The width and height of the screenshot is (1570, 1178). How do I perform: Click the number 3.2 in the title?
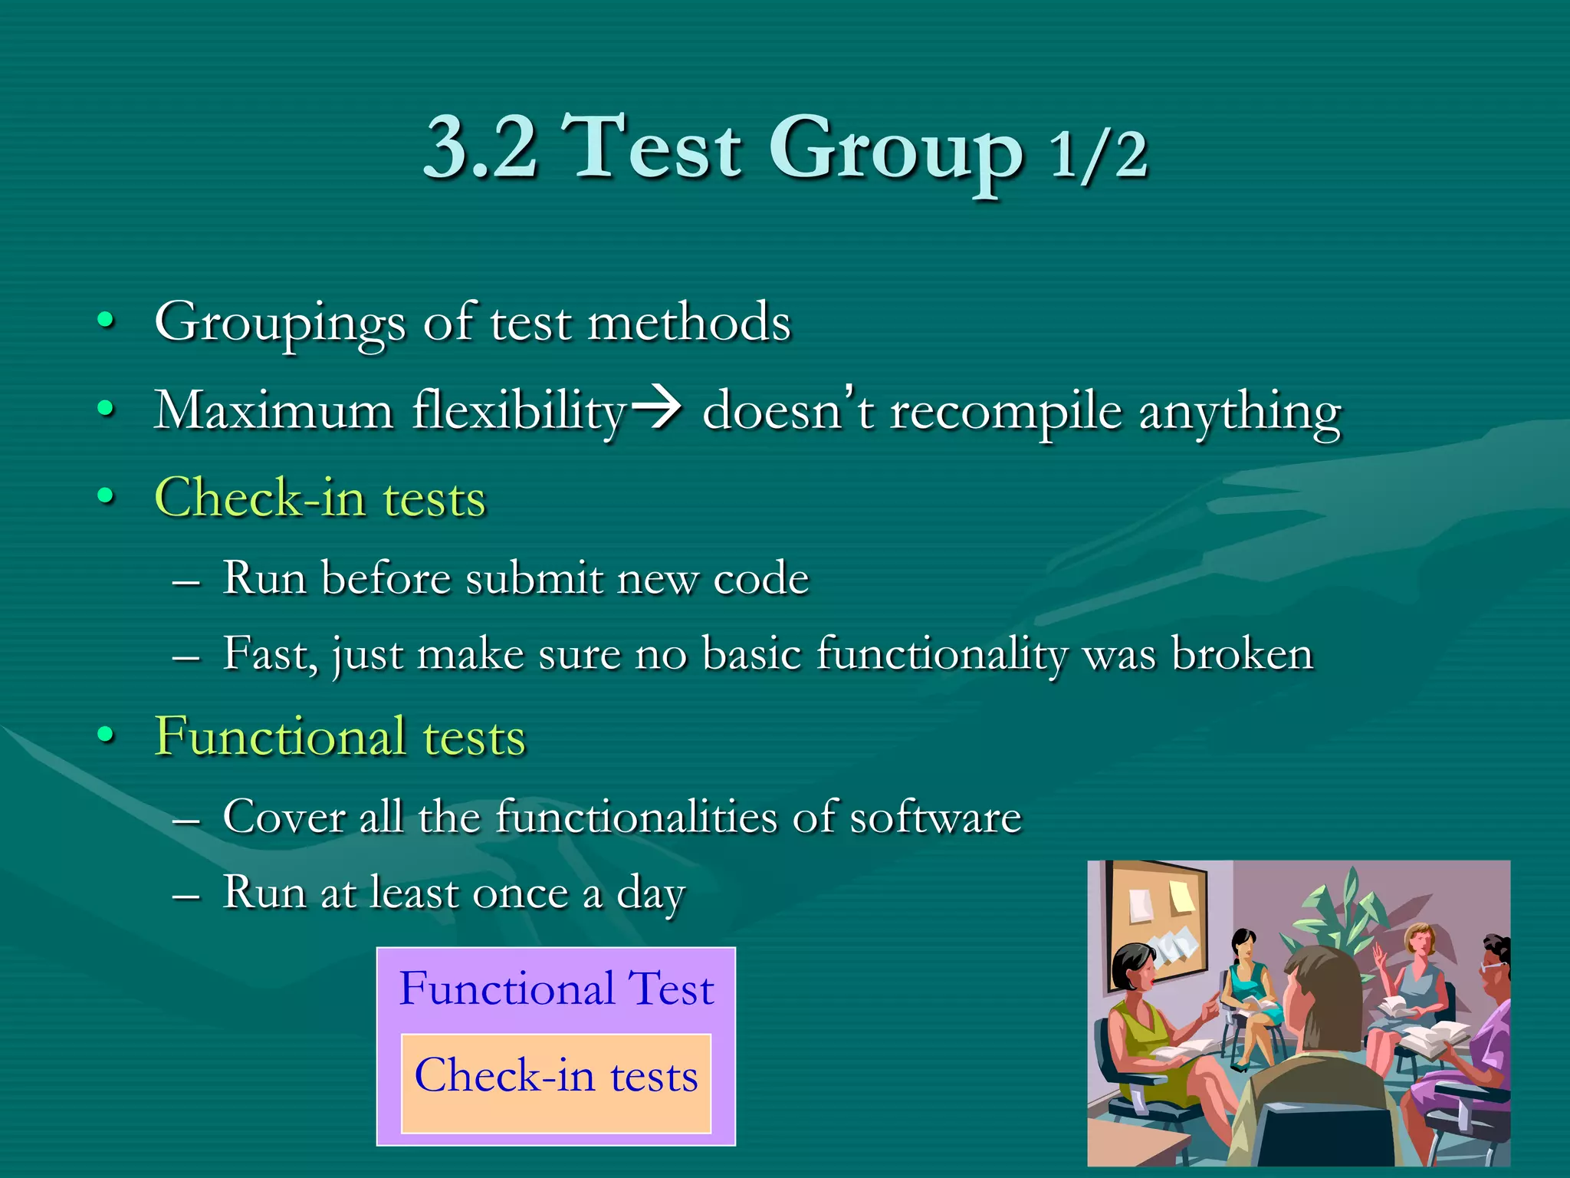pos(481,147)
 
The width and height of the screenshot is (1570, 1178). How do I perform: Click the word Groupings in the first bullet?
pos(280,323)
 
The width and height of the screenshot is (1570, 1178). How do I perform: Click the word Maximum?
pos(274,410)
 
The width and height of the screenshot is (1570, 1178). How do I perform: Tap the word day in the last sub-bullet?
pos(650,894)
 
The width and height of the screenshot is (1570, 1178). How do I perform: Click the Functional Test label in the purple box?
pos(556,989)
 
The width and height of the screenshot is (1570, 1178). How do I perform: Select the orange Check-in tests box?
pos(556,1083)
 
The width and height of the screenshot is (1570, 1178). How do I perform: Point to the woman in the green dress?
pos(1150,1028)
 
